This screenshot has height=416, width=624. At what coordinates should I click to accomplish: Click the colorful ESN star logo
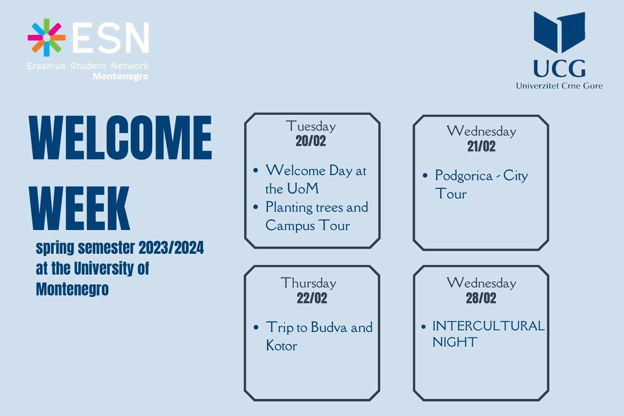[47, 37]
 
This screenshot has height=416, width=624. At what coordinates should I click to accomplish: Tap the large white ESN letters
[111, 37]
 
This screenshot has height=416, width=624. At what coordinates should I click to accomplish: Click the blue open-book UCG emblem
[559, 32]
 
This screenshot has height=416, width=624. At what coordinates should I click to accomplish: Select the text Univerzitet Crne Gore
[559, 86]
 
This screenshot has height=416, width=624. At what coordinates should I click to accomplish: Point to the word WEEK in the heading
[79, 208]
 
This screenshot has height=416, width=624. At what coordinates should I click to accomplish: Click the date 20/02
[311, 141]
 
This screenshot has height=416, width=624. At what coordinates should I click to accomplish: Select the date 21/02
[481, 146]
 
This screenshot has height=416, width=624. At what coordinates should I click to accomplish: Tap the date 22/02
[312, 298]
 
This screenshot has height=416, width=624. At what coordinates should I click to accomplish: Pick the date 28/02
[481, 298]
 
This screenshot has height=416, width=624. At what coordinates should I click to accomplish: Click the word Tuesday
[311, 126]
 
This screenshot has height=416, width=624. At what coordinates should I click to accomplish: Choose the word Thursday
[308, 283]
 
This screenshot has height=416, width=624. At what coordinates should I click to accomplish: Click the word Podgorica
[464, 176]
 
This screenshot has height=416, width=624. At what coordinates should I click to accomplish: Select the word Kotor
[282, 346]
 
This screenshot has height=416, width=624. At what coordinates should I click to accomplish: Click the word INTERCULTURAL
[489, 326]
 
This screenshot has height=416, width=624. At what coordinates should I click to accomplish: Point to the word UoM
[303, 188]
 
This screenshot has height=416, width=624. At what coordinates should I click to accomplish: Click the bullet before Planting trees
[256, 207]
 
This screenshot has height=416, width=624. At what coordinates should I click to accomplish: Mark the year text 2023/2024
[171, 248]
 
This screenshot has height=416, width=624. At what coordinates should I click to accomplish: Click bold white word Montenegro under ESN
[121, 77]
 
